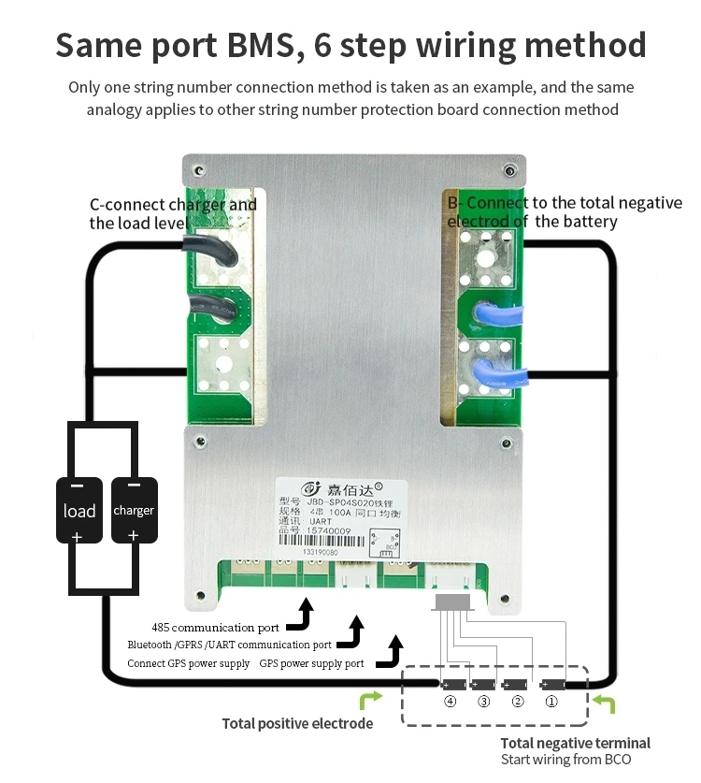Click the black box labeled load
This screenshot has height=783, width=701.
(79, 511)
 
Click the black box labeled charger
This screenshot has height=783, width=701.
(134, 511)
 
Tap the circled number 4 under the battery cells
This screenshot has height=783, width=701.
(451, 702)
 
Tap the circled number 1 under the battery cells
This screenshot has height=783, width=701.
(551, 702)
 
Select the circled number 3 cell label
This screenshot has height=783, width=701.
(483, 702)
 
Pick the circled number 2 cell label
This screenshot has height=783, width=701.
(517, 702)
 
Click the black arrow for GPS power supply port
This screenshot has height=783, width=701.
(391, 651)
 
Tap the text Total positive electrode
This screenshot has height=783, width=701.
(297, 723)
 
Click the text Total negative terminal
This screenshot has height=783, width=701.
(575, 743)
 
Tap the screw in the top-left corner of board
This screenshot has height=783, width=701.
(198, 170)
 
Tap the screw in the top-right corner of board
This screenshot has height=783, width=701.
(508, 170)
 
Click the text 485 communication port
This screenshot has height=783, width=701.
(215, 627)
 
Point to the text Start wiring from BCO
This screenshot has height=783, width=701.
(565, 760)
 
